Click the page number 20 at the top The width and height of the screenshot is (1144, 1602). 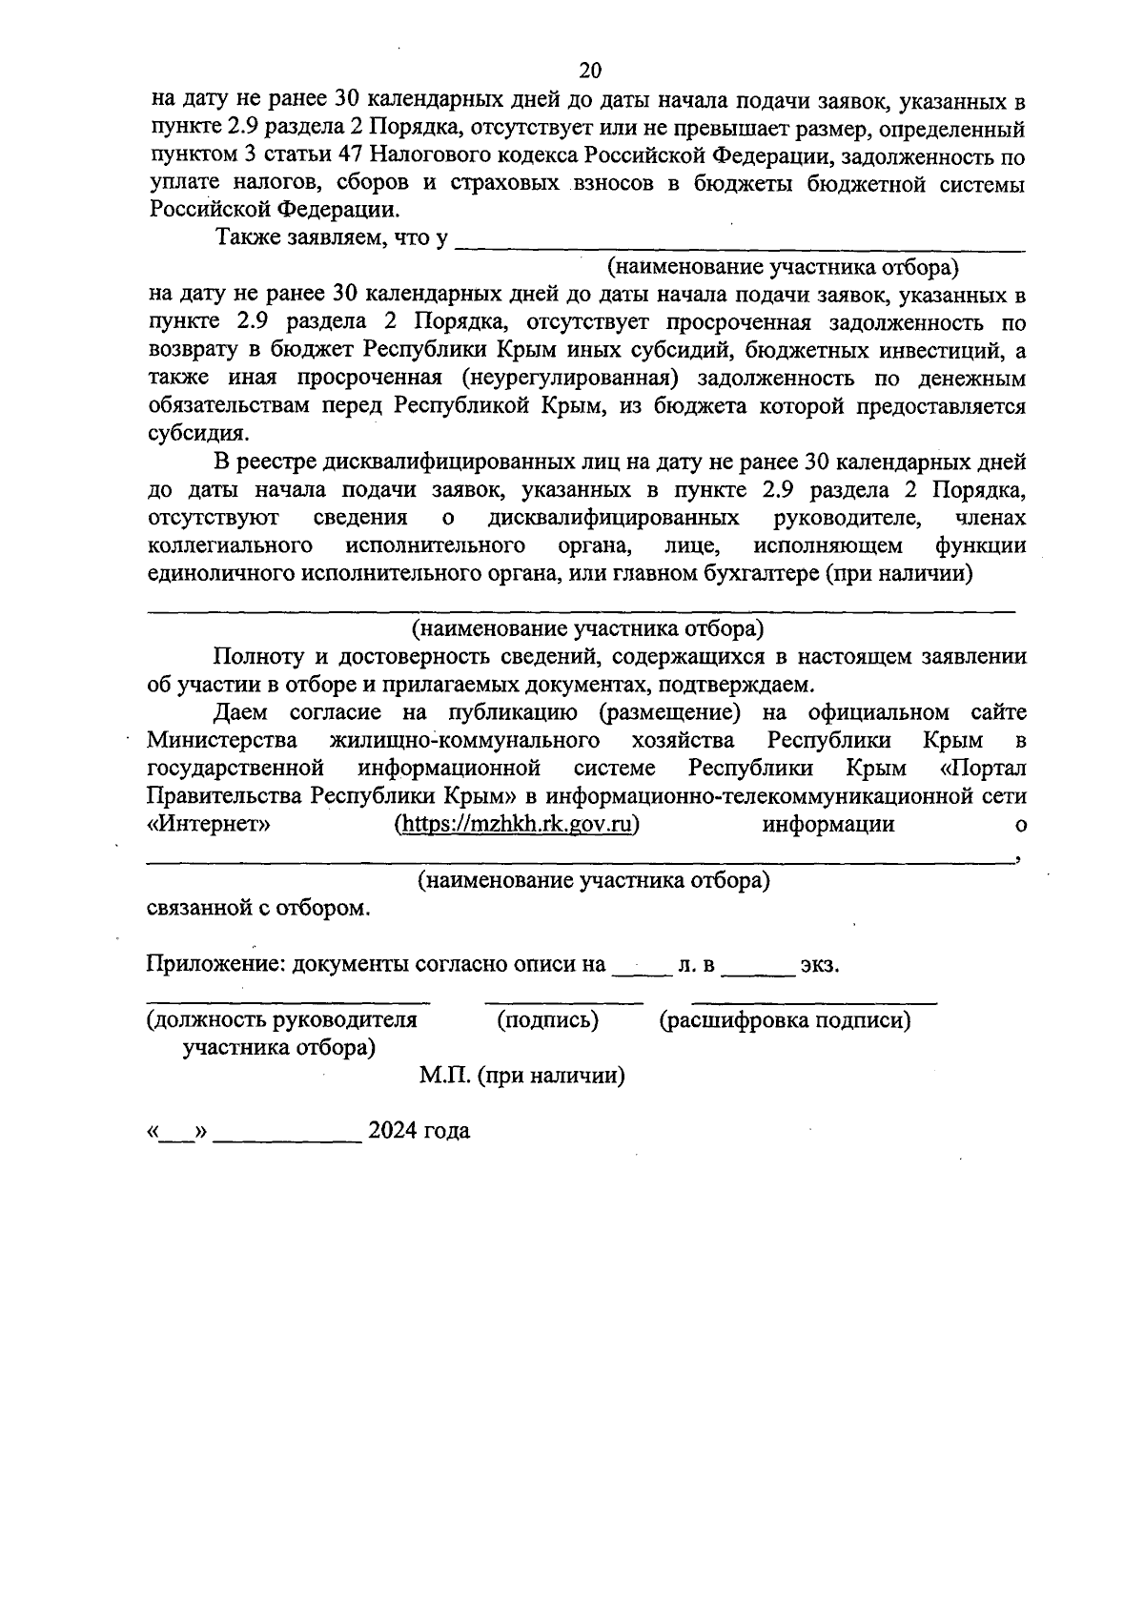click(x=590, y=71)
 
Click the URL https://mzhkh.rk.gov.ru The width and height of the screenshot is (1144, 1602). click(x=516, y=825)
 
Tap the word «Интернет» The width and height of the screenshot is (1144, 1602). click(x=210, y=825)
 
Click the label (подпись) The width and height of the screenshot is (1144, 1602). click(x=548, y=1020)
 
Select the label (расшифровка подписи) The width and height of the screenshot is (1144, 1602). click(x=785, y=1020)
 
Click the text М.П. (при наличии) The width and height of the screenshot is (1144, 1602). click(x=521, y=1076)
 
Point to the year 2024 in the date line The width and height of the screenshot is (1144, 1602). click(x=395, y=1132)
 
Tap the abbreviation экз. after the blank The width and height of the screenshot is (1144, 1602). click(x=820, y=965)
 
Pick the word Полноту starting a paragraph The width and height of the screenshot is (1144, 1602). click(x=255, y=656)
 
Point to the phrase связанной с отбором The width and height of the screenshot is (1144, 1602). click(x=257, y=909)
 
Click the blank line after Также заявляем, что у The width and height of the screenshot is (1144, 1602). click(x=740, y=243)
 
